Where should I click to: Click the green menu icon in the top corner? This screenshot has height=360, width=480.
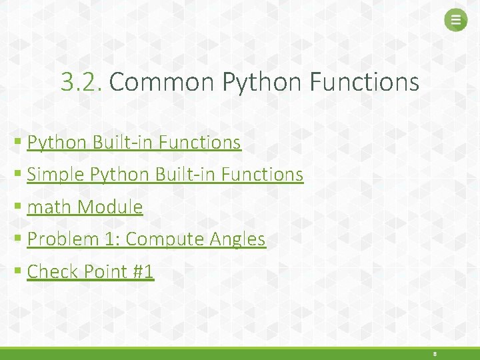pos(456,21)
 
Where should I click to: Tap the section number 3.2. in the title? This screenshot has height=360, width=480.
pos(81,83)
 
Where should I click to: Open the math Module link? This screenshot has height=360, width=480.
pos(85,207)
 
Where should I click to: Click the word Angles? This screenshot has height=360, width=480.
pos(238,239)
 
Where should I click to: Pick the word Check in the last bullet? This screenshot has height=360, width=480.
pos(54,271)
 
